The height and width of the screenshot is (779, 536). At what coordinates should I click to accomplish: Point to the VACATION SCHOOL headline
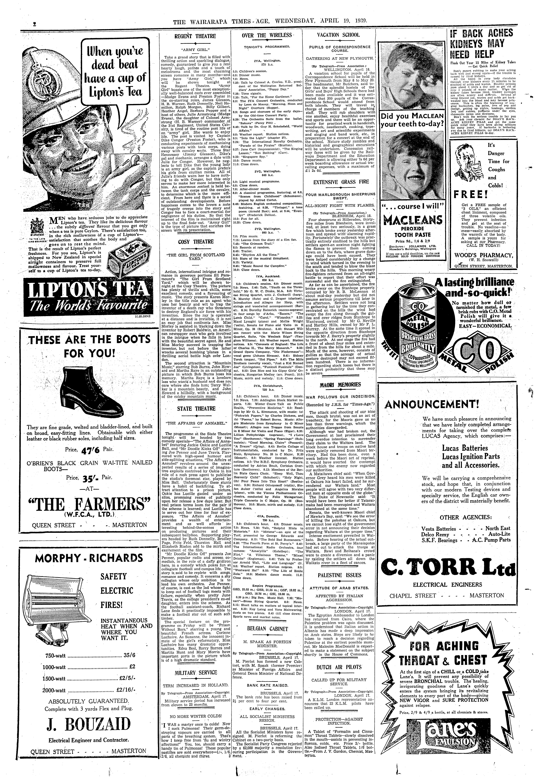(x=338, y=35)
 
